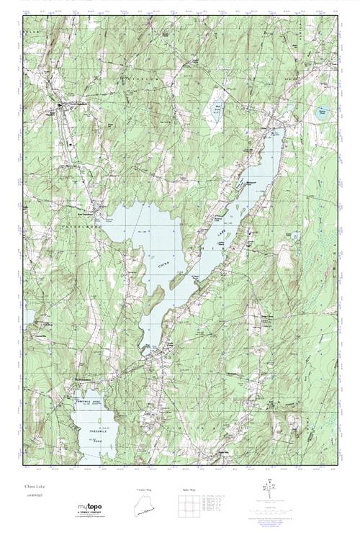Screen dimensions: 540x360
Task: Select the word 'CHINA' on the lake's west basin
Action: click(x=163, y=264)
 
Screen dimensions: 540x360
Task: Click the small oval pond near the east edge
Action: click(x=322, y=112)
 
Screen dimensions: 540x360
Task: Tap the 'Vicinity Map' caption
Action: click(x=145, y=490)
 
